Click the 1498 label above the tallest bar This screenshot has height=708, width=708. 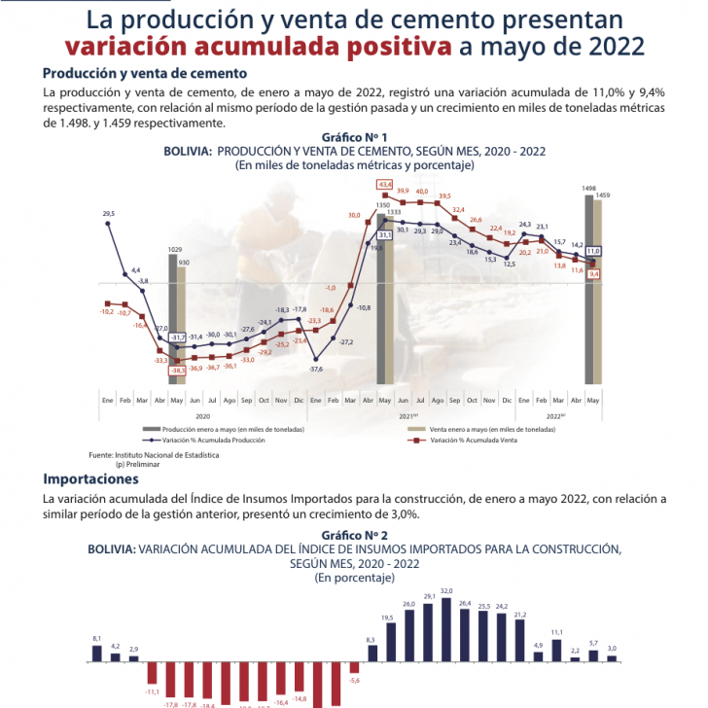click(588, 188)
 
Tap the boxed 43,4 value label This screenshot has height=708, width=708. click(385, 185)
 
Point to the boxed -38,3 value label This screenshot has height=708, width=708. click(177, 371)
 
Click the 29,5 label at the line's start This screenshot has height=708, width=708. click(108, 213)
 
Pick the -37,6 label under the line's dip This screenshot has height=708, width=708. click(315, 369)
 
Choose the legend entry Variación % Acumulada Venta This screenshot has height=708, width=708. click(460, 440)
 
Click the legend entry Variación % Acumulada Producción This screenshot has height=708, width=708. click(213, 440)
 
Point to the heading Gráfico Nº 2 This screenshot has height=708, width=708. click(354, 536)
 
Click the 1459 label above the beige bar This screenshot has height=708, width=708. click(603, 195)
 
